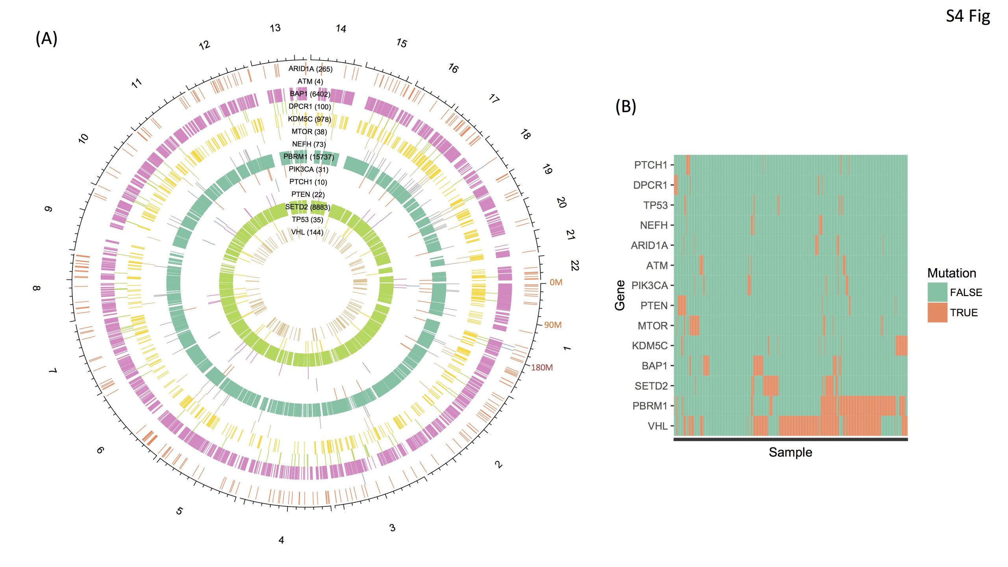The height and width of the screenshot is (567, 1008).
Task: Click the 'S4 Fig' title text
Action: pos(967,17)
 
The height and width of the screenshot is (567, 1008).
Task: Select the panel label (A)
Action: pos(46,39)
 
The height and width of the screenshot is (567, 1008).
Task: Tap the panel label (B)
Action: pos(626,106)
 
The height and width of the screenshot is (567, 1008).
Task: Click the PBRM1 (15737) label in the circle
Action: pos(309,157)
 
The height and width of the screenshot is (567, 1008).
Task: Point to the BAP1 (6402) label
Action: pos(310,94)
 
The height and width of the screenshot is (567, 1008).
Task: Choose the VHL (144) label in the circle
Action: pos(307,232)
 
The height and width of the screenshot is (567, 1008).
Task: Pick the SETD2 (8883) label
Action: pos(308,207)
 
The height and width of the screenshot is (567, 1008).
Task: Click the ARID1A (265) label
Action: pos(310,69)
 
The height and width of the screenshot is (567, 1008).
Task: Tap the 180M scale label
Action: pos(542,367)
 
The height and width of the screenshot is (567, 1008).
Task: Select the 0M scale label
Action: pos(556,282)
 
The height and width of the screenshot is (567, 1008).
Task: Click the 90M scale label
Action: pos(553,325)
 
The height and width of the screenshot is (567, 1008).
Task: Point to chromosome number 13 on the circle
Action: pos(275,28)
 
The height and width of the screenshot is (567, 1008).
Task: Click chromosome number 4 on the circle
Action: pos(281,540)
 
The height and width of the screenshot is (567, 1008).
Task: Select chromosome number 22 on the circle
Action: pos(574,265)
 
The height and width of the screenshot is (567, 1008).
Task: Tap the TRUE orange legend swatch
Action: pos(937,313)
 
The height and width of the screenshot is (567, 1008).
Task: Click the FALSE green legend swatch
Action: pos(937,292)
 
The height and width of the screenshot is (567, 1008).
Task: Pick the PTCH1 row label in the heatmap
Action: pos(650,165)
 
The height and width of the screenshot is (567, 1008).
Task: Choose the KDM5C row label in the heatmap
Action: pos(650,346)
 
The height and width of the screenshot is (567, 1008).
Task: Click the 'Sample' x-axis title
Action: pos(790,452)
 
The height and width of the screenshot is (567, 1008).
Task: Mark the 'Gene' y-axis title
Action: pos(620,295)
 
